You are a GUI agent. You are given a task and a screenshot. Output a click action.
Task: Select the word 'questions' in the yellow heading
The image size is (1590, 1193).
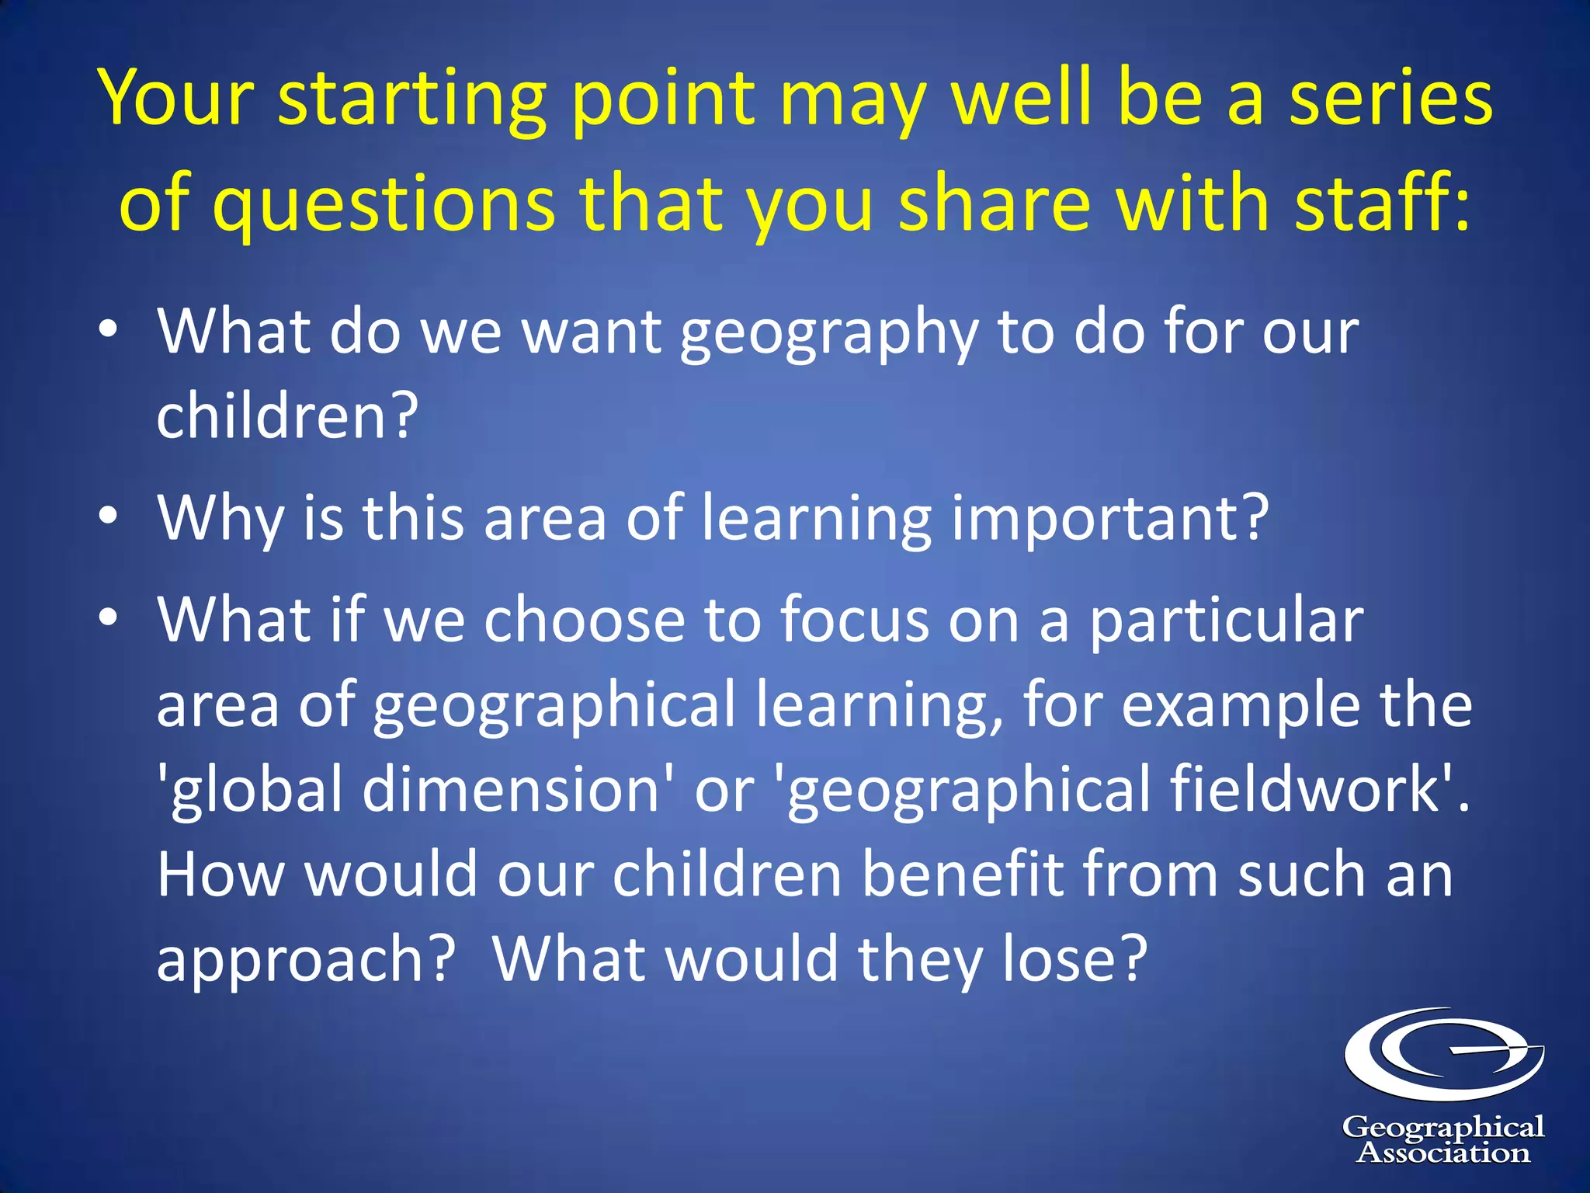(x=384, y=205)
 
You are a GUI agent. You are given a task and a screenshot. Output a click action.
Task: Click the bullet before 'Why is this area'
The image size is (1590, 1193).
(x=109, y=517)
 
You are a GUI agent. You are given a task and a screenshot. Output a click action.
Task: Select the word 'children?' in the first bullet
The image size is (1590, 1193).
(x=288, y=416)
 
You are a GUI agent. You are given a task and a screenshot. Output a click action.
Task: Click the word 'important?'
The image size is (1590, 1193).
(x=1110, y=519)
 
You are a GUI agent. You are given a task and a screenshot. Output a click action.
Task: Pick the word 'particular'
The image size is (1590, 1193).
(x=1226, y=621)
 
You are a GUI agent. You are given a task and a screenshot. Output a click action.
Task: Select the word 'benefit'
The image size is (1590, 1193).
(x=962, y=875)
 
